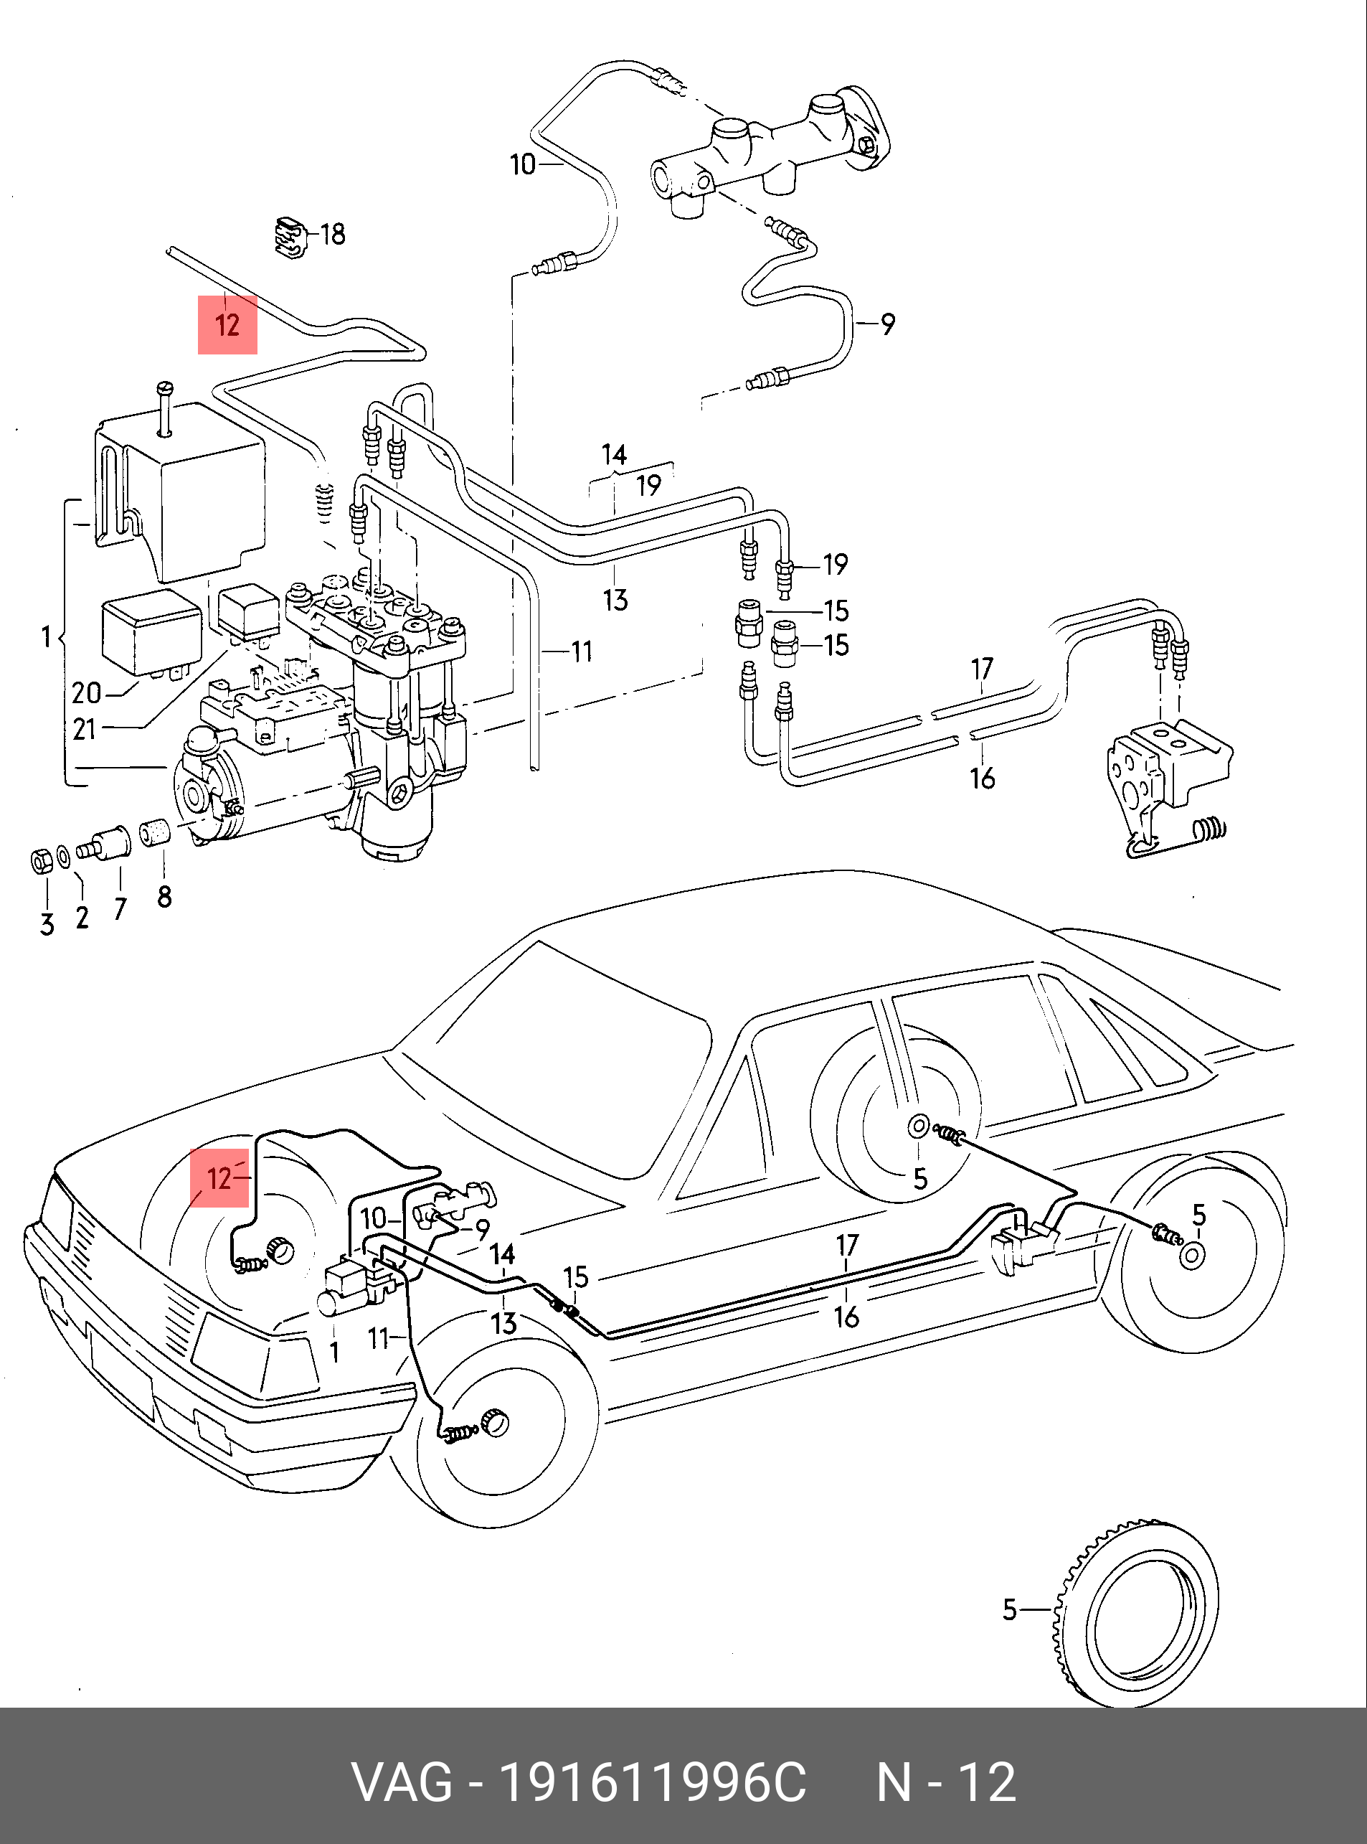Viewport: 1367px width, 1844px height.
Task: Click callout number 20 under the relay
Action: (x=86, y=692)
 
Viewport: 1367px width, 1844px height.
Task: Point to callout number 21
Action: (x=85, y=729)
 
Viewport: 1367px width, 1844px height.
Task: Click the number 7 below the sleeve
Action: (x=120, y=909)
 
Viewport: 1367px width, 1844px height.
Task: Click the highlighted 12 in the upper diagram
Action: (x=227, y=324)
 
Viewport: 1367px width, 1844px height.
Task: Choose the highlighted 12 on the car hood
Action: (x=219, y=1177)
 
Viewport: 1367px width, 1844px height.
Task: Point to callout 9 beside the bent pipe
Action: (x=888, y=324)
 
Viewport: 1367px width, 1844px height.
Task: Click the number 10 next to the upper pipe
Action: (x=523, y=165)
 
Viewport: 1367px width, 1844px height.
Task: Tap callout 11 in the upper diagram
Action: (x=582, y=651)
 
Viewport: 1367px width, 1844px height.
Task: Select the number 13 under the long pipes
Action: (x=615, y=600)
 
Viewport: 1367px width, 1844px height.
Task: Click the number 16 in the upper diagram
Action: (x=983, y=778)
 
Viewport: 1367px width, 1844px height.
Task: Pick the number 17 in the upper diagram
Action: (x=983, y=668)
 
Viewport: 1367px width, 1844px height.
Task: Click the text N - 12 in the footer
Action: (x=946, y=1783)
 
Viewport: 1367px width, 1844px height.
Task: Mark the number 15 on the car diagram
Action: (x=576, y=1277)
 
